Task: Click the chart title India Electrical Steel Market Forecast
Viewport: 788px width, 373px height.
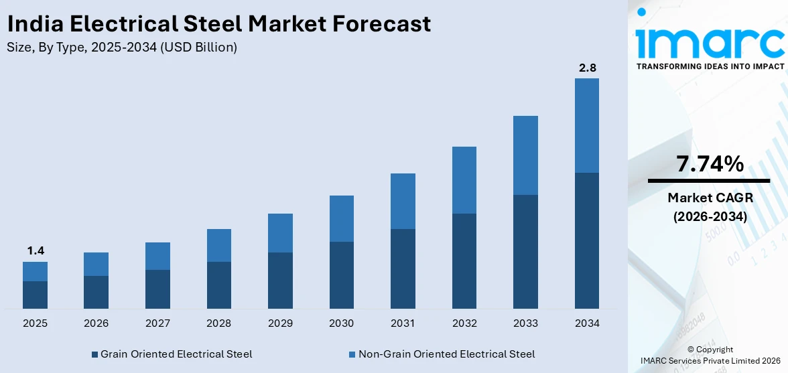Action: [x=219, y=24]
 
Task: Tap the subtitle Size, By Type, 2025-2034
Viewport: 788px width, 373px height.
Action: [x=121, y=48]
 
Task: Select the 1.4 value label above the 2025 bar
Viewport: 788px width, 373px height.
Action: [x=35, y=250]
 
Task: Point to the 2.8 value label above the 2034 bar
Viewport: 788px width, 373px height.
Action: [x=587, y=68]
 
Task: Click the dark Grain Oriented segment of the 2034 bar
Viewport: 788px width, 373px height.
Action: [x=587, y=240]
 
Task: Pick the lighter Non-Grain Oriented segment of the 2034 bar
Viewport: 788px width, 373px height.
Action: [x=587, y=125]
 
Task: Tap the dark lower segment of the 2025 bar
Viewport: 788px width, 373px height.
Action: [x=35, y=295]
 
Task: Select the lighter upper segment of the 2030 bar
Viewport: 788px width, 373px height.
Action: [x=341, y=218]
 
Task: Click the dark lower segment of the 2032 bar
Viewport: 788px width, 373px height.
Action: [x=464, y=261]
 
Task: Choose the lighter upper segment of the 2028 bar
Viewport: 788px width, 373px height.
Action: [x=219, y=245]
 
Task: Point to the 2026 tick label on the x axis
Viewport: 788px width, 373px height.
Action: [x=96, y=323]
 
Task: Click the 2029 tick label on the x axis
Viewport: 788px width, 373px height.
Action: [x=280, y=323]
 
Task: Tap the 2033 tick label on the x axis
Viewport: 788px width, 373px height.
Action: [x=525, y=323]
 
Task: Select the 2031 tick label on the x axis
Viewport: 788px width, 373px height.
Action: [x=403, y=323]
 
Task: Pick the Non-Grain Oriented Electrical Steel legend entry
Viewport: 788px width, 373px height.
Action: [x=442, y=354]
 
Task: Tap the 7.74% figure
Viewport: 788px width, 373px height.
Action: [x=710, y=163]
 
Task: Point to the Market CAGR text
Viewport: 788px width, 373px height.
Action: [x=710, y=198]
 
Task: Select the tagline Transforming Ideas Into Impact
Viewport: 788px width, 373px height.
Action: [x=710, y=66]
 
